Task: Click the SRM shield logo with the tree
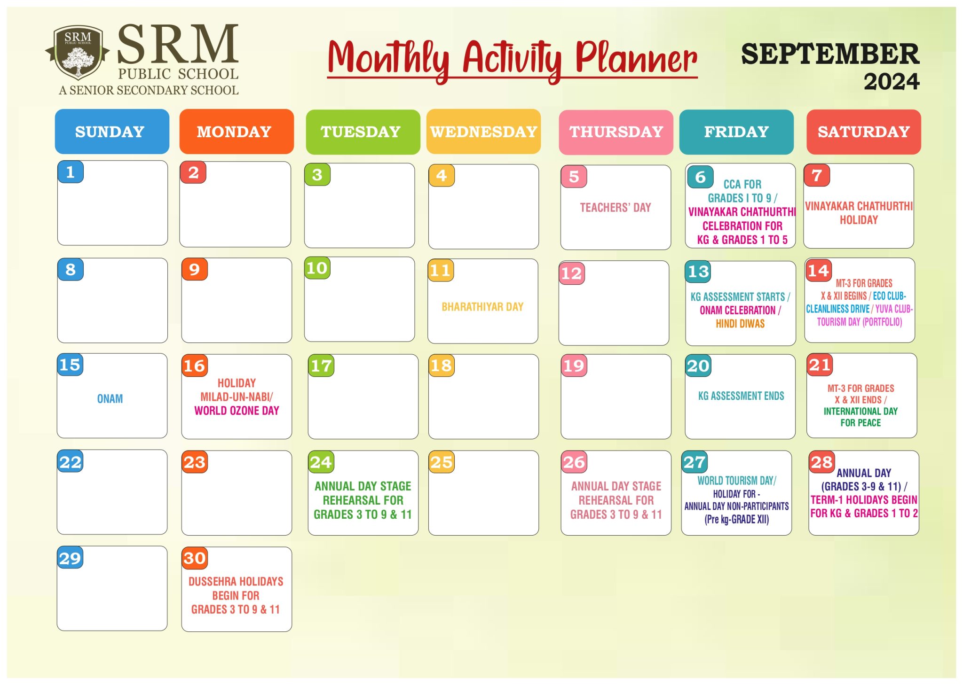coord(78,53)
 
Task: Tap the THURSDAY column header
coord(616,132)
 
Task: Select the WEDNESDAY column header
coord(483,132)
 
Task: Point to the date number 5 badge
coord(574,177)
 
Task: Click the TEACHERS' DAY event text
coord(615,208)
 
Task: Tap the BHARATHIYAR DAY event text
coord(482,307)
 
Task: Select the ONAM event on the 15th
coord(110,399)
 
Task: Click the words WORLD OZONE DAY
coord(237,411)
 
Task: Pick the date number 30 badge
coord(195,558)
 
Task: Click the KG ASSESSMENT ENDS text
coord(741,396)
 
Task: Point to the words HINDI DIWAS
coord(740,324)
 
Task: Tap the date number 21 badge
coord(820,365)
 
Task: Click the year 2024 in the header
coord(891,82)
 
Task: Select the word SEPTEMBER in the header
coord(830,54)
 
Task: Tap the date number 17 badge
coord(321,366)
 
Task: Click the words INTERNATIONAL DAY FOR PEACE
coord(860,417)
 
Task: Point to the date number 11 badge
coord(441,270)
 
